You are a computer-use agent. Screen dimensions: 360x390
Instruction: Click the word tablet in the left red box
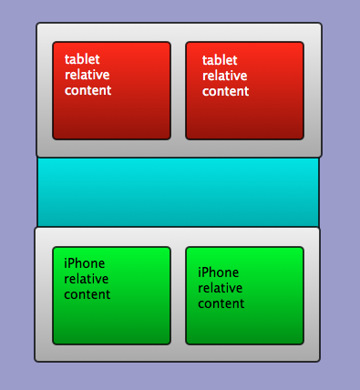click(82, 59)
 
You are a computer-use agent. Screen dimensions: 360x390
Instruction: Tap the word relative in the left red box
click(87, 75)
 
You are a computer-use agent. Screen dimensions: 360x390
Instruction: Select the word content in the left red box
click(88, 90)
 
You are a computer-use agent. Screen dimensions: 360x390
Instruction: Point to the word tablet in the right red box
click(220, 60)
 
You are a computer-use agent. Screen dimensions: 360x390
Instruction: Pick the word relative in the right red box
click(225, 76)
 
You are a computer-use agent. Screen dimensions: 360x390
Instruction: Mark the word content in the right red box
click(226, 91)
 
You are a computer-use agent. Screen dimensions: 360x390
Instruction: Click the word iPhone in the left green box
click(85, 263)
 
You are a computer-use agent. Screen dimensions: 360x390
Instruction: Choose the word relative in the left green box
click(87, 279)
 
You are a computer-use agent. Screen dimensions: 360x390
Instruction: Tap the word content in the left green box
click(87, 294)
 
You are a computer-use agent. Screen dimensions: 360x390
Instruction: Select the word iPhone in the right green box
click(219, 272)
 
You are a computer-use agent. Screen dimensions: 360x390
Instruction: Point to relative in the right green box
click(221, 288)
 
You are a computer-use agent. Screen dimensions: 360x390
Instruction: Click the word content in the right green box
click(221, 303)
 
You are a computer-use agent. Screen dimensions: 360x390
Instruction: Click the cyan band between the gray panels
click(178, 192)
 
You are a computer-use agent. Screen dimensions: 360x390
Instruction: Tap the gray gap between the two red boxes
click(179, 90)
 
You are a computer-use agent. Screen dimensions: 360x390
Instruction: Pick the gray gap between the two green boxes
click(179, 295)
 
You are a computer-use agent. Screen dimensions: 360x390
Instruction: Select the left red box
click(112, 90)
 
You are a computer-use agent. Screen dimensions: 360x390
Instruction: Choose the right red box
click(244, 90)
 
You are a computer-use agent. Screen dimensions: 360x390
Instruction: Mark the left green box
click(112, 295)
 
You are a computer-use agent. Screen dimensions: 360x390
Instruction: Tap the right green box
click(244, 295)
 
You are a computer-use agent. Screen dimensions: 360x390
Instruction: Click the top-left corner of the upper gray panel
click(36, 23)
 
